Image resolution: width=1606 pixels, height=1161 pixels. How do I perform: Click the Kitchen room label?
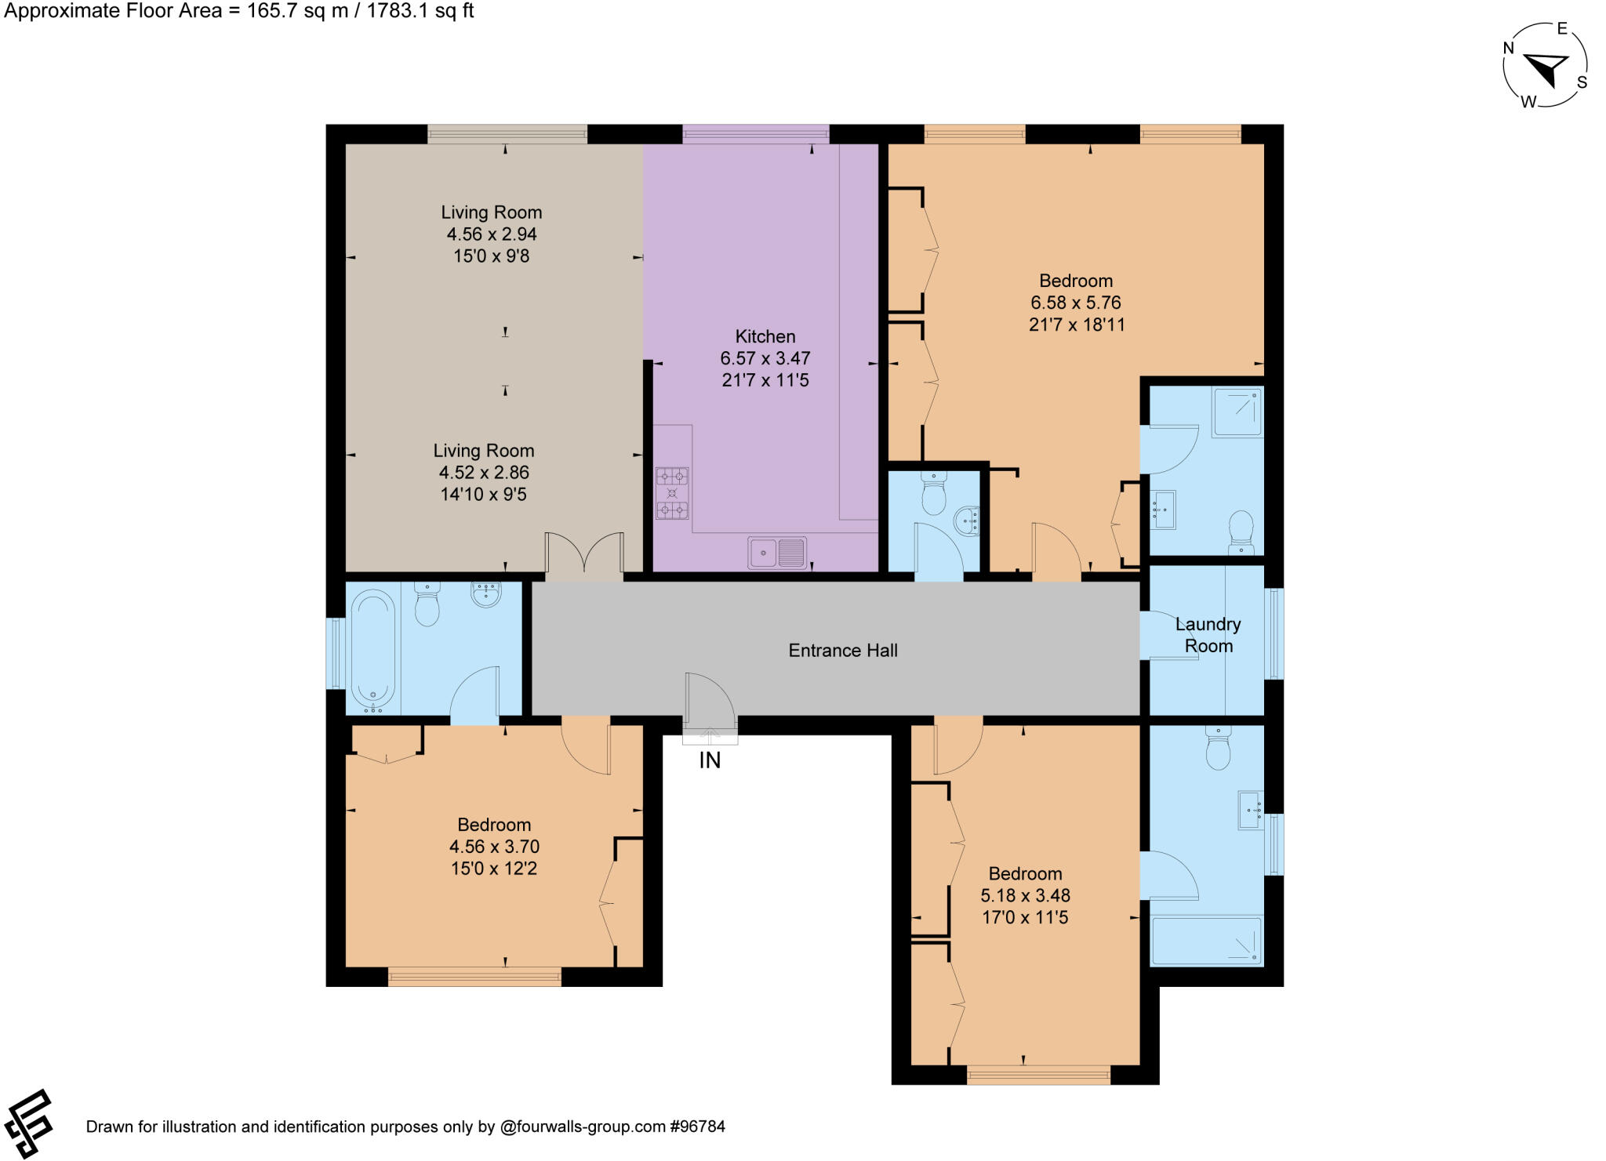coord(765,336)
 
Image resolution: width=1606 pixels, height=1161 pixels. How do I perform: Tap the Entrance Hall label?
coord(842,650)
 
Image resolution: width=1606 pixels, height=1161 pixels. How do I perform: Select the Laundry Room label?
coord(1208,635)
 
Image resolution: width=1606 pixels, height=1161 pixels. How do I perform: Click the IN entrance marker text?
coord(710,760)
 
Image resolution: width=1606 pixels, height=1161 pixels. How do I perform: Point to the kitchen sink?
coord(776,553)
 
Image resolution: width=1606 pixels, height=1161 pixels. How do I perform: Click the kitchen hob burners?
coord(672,493)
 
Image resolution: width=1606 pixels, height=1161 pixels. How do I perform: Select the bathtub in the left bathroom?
coord(373,649)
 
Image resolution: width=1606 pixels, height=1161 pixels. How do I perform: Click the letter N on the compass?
coord(1508,48)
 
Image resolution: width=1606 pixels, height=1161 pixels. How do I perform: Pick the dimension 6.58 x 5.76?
coord(1075,303)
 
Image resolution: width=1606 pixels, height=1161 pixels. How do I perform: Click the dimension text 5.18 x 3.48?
coord(1025,895)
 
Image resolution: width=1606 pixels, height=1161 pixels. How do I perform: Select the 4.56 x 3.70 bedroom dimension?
coord(494,847)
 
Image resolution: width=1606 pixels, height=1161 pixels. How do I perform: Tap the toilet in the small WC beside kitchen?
coord(934,494)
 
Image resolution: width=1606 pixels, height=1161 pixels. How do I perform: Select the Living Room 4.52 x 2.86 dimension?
coord(484,473)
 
